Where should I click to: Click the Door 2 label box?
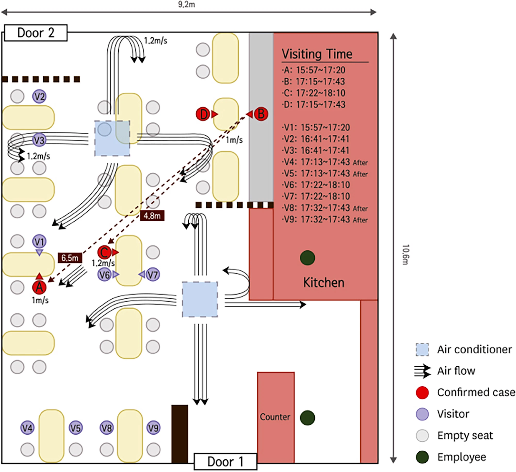coord(36,33)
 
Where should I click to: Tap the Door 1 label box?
coord(225,462)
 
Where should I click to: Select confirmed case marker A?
coord(39,287)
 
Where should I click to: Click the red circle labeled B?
coord(261,114)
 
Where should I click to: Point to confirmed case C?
coord(104,252)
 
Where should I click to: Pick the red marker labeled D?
coord(203,114)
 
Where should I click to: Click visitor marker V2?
coord(39,96)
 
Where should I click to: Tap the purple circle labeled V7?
coord(153,275)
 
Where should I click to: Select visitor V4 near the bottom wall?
coord(27,428)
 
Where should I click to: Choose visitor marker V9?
coord(153,428)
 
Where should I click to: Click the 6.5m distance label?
coord(70,258)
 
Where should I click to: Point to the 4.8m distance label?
coord(152,216)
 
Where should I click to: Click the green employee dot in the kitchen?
coord(307,258)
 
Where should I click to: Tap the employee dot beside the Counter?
coord(307,418)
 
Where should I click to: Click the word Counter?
coord(275,417)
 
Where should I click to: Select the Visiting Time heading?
coord(317,54)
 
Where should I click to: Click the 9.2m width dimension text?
coord(186,4)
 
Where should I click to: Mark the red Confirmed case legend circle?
coord(422,392)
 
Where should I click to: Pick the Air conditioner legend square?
coord(422,350)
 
